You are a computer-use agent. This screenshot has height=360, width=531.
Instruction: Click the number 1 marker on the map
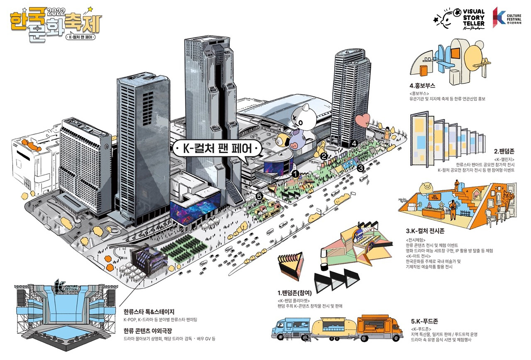pos(295,174)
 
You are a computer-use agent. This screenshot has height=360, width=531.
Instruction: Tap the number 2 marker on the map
pos(324,156)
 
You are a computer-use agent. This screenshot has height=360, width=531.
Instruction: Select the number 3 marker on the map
pos(360,168)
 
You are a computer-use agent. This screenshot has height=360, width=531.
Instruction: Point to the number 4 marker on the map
pos(353,143)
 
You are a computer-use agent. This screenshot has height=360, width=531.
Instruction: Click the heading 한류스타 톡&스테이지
pos(149,311)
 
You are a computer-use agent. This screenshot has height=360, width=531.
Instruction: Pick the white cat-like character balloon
pos(304,120)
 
